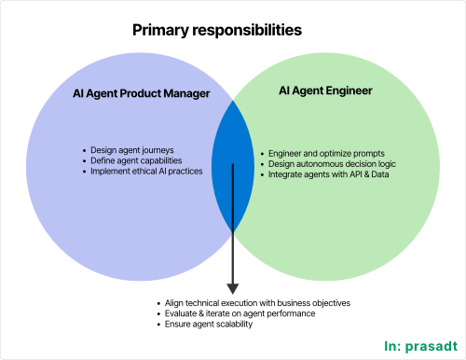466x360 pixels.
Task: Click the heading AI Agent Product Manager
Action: pos(140,94)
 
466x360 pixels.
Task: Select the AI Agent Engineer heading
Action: pos(326,91)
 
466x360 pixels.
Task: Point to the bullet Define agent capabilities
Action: pos(136,160)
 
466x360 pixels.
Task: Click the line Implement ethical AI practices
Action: pos(146,172)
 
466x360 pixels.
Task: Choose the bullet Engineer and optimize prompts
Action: pos(325,153)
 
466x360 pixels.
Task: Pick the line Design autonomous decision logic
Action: pos(331,164)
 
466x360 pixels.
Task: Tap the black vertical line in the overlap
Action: pos(233,196)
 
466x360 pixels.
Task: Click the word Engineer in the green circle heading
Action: pos(347,91)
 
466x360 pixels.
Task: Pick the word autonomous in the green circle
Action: pos(319,164)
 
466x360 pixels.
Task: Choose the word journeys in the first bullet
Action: pos(158,149)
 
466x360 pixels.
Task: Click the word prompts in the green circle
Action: pos(366,153)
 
